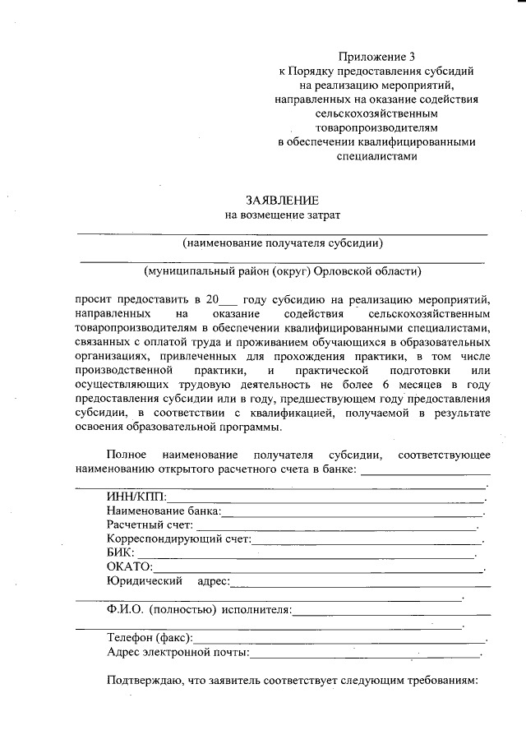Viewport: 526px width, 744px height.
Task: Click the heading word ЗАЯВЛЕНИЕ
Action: (281, 200)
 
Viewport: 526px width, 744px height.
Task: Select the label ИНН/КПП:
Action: (136, 497)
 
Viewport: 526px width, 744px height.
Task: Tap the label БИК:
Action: (121, 553)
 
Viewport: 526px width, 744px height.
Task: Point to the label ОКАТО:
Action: (130, 567)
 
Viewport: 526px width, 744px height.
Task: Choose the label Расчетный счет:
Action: (150, 525)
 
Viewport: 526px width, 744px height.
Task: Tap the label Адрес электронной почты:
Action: (178, 652)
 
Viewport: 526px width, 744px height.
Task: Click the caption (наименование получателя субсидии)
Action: (284, 243)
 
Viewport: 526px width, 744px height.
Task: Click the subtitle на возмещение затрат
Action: (282, 215)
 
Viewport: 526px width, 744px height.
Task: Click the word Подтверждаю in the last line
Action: (141, 681)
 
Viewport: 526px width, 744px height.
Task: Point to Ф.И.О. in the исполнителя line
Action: (125, 609)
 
